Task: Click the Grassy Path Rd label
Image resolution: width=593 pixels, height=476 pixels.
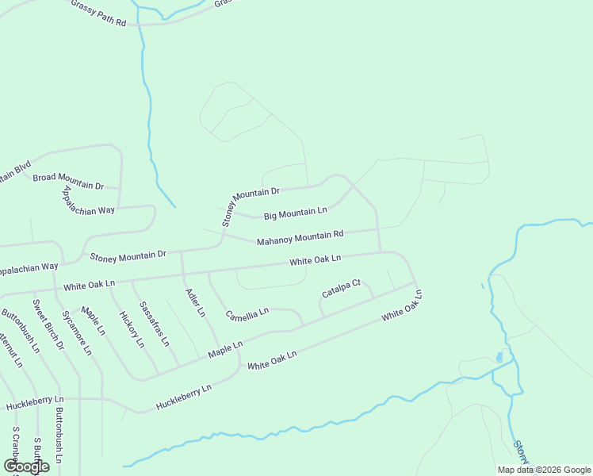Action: pyautogui.click(x=98, y=14)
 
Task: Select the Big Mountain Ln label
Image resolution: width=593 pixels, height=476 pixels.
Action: pyautogui.click(x=295, y=213)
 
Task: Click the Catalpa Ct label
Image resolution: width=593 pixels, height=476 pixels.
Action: pyautogui.click(x=341, y=288)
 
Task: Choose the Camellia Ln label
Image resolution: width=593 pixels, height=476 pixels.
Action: pyautogui.click(x=247, y=314)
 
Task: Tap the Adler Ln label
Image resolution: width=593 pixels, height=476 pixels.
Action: pyautogui.click(x=195, y=301)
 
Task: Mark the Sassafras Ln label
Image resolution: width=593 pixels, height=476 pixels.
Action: pyautogui.click(x=154, y=324)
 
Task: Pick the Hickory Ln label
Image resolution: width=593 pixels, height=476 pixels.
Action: pyautogui.click(x=131, y=329)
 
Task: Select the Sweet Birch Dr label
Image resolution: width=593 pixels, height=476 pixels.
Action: pyautogui.click(x=48, y=324)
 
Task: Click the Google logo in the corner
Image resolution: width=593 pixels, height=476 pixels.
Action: pyautogui.click(x=26, y=466)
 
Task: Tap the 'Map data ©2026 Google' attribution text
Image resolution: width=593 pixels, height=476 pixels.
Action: pyautogui.click(x=543, y=470)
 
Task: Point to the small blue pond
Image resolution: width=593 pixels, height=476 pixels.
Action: pyautogui.click(x=499, y=357)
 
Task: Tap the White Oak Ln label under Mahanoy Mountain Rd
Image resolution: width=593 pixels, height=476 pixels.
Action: pyautogui.click(x=315, y=260)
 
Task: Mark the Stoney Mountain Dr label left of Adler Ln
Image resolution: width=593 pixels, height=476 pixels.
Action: pyautogui.click(x=128, y=255)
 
